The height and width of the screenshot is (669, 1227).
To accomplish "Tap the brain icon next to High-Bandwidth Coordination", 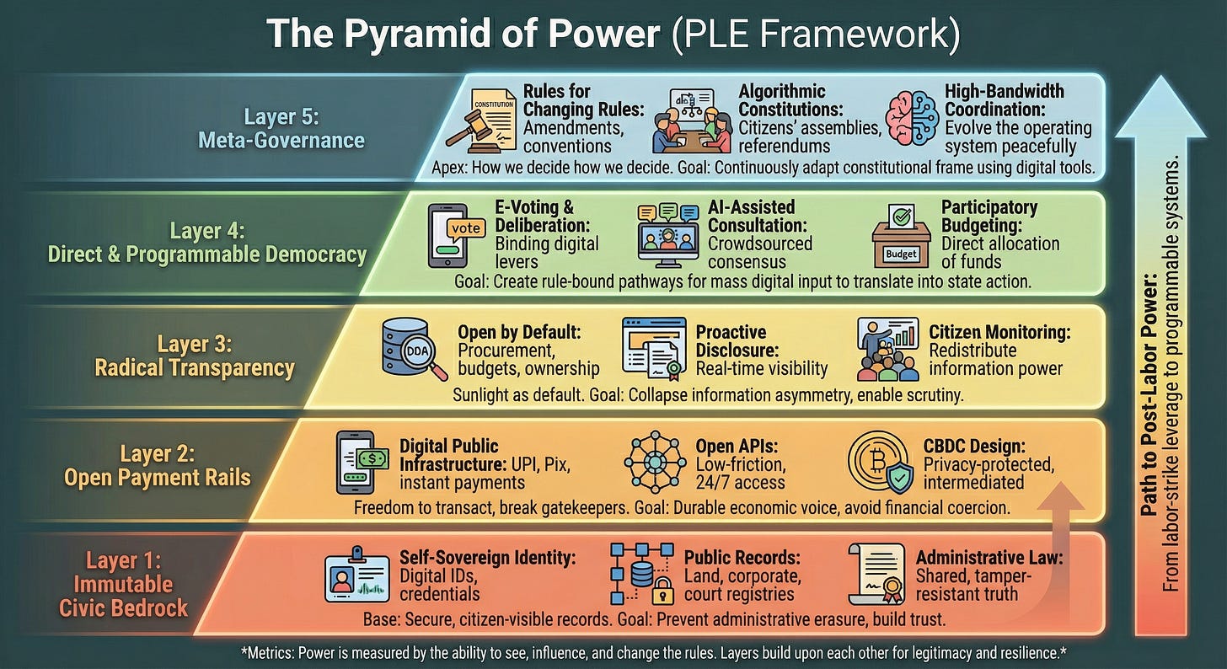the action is click(x=912, y=121).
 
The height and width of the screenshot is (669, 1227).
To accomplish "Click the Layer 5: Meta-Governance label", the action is click(x=281, y=128).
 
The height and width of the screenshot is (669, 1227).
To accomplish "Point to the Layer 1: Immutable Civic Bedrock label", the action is click(x=124, y=584).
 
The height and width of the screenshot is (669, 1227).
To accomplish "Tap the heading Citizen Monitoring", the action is click(x=999, y=333).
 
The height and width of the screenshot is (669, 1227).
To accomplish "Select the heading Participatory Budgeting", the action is click(x=989, y=215).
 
